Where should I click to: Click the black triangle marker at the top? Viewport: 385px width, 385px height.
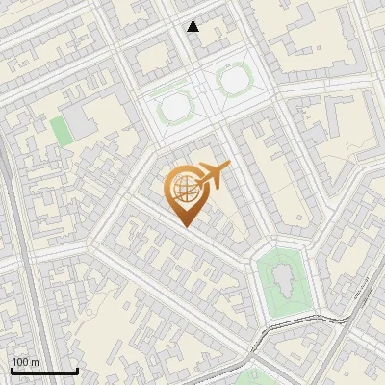[x=193, y=26]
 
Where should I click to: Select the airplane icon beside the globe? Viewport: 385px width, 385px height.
[x=213, y=175]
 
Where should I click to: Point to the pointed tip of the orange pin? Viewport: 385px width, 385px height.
[x=185, y=226]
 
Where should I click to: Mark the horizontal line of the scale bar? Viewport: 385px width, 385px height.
[x=44, y=371]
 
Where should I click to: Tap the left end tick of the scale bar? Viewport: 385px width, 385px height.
[x=12, y=369]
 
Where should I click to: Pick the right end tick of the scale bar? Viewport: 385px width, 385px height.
[x=77, y=369]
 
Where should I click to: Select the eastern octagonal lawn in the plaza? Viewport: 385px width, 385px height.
[x=234, y=81]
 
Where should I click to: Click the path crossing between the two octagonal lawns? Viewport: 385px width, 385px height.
[x=204, y=93]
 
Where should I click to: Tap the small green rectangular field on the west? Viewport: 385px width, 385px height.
[x=62, y=130]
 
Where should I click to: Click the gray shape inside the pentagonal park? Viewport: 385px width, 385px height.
[x=283, y=280]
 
